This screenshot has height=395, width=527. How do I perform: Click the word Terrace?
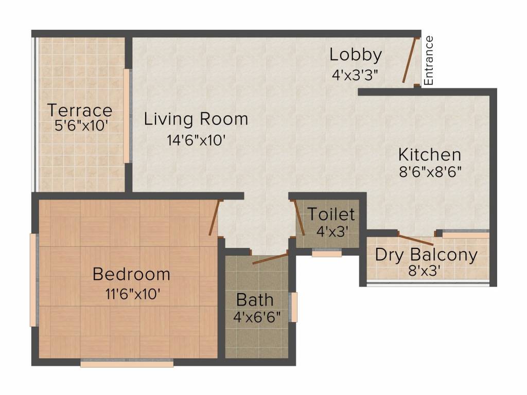(80, 110)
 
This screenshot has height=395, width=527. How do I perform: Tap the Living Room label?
(196, 119)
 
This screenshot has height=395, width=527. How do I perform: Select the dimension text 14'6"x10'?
(196, 140)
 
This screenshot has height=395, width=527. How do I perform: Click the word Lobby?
(356, 55)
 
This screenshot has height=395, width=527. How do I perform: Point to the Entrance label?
(429, 61)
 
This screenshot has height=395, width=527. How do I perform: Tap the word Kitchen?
(430, 155)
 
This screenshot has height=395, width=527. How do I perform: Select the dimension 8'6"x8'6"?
(430, 172)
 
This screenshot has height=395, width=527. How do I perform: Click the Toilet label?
(331, 214)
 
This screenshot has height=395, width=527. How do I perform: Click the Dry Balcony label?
(426, 255)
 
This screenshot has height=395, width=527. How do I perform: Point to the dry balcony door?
(416, 239)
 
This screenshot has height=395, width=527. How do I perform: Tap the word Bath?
(255, 300)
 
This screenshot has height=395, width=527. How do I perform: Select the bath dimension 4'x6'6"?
(257, 317)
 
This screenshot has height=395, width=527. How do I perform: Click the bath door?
(270, 258)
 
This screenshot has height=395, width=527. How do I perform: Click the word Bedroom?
(131, 274)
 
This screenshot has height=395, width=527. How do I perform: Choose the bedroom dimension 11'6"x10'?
(132, 294)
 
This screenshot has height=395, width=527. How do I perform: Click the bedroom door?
(215, 218)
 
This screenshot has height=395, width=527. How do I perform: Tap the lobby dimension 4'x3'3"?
(357, 75)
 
